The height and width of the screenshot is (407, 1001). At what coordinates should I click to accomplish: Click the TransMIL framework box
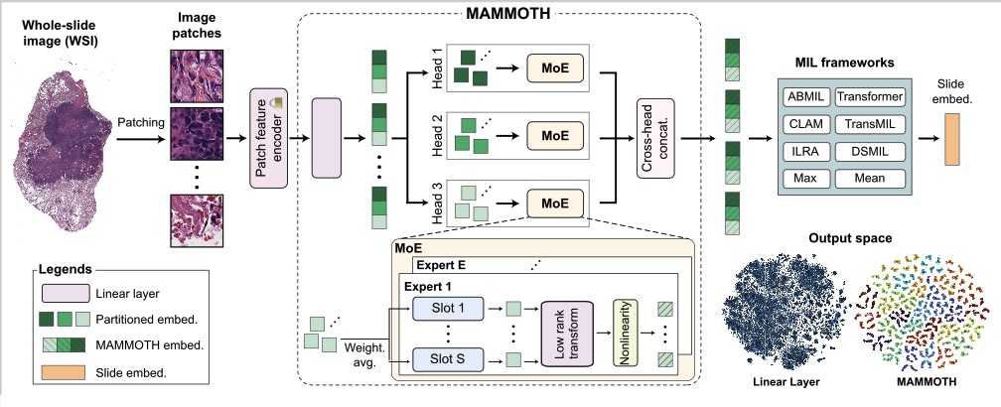tap(869, 125)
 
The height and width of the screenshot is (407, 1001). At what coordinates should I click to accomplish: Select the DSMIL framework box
tap(869, 152)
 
